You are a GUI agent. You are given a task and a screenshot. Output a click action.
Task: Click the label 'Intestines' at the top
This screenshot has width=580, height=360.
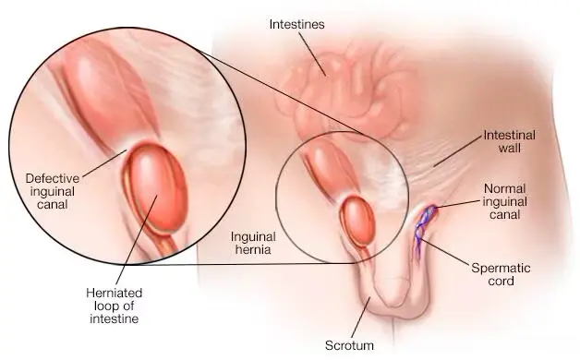tap(296, 24)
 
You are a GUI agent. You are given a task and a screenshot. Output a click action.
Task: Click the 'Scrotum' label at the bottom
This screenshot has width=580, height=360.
tap(349, 345)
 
